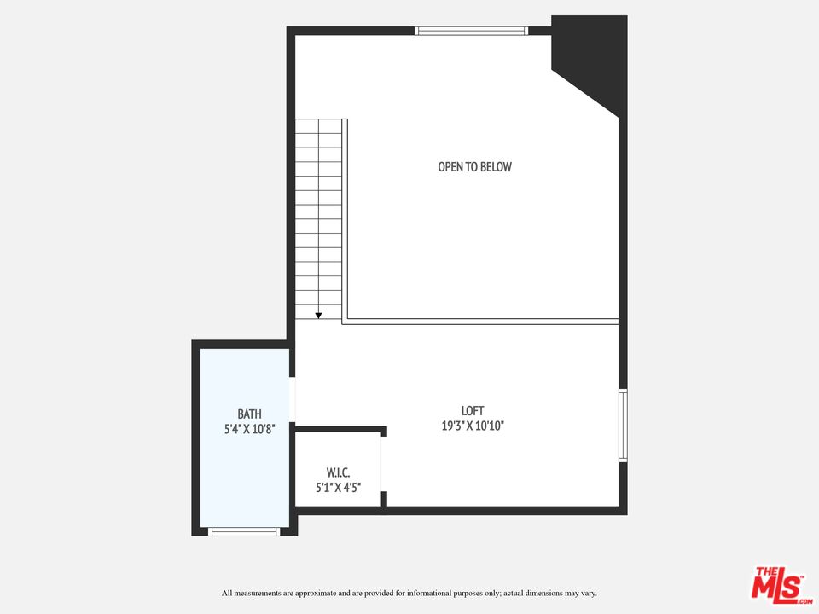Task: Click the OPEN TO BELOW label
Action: [x=475, y=166]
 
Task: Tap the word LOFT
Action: [x=472, y=411]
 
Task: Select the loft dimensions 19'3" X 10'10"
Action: [x=473, y=426]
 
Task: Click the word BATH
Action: [x=250, y=414]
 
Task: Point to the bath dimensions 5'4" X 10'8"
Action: [x=250, y=429]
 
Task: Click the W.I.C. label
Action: [x=338, y=472]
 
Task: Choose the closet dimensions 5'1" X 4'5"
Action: [x=339, y=488]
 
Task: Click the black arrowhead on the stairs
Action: [x=318, y=316]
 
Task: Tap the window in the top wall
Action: [x=471, y=31]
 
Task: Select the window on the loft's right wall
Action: [x=623, y=425]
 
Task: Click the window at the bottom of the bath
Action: [x=244, y=531]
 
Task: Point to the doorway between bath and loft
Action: [x=292, y=399]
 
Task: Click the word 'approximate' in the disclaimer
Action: [x=315, y=594]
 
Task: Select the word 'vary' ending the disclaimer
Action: [x=589, y=594]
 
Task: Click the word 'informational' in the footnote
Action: [x=429, y=594]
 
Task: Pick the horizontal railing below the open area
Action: [x=480, y=321]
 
